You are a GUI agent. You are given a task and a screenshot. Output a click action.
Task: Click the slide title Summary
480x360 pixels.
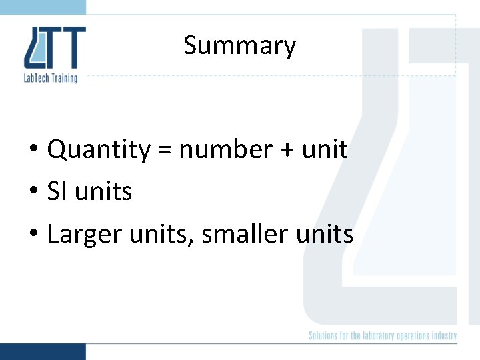point(239,46)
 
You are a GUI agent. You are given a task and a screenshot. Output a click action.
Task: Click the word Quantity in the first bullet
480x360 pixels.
point(99,150)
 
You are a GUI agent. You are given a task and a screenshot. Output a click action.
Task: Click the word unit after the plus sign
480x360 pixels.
point(325,149)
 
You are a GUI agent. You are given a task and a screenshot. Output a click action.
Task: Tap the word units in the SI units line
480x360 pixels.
point(103,192)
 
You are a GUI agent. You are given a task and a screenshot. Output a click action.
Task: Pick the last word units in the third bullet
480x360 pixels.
point(325,234)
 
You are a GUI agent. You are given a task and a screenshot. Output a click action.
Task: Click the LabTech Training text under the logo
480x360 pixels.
point(51,78)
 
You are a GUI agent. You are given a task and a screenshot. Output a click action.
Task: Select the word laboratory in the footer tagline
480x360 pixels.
point(378,336)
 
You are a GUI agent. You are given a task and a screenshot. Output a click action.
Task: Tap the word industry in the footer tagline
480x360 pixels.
point(445,336)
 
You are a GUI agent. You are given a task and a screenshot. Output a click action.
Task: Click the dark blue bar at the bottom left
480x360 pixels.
point(43,351)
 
